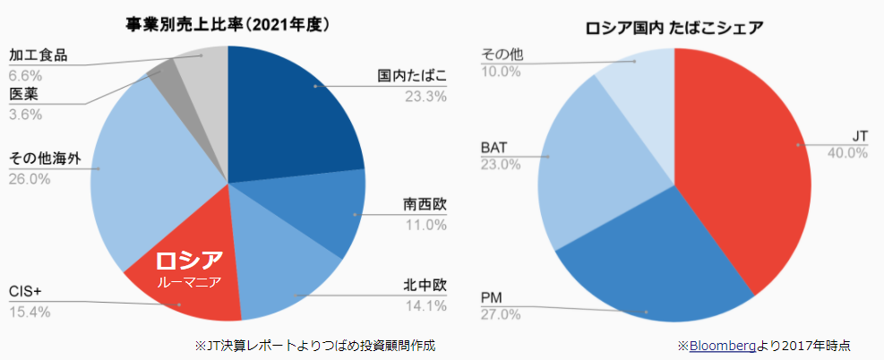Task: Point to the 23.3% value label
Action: tap(425, 97)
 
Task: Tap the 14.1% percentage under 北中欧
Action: tap(425, 306)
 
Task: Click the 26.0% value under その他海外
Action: tap(30, 179)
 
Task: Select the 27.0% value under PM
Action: tap(501, 314)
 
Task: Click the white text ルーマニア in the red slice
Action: tap(189, 281)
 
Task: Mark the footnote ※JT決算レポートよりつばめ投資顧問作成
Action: tap(319, 345)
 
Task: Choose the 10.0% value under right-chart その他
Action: tap(501, 71)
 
